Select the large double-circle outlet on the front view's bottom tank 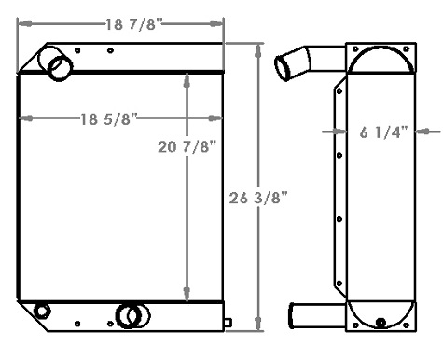128,316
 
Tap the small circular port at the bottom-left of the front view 41,311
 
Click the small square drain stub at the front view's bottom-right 228,324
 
